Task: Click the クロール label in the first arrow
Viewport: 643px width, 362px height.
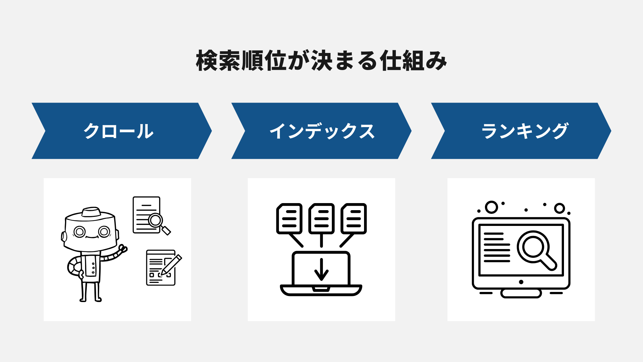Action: tap(118, 131)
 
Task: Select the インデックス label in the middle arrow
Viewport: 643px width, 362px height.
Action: tap(322, 131)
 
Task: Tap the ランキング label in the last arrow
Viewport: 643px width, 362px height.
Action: tap(524, 131)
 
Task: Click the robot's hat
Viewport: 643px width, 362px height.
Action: tap(91, 212)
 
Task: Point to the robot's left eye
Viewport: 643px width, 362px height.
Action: tap(80, 232)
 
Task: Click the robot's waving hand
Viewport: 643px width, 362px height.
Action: tap(123, 249)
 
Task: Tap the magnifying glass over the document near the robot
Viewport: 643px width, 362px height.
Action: tap(155, 221)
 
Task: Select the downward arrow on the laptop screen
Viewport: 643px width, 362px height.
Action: tap(321, 269)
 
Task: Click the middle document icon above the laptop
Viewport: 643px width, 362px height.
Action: tap(321, 218)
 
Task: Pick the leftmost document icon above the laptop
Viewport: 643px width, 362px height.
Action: tap(289, 218)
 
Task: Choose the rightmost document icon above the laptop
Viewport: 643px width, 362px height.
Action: tap(354, 218)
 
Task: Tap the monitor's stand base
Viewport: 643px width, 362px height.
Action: tap(521, 294)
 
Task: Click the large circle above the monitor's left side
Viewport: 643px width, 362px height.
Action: tap(491, 207)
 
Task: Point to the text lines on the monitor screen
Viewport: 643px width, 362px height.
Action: tap(497, 247)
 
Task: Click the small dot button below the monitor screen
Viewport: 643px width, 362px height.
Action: tap(521, 282)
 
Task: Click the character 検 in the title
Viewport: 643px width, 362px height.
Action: tap(207, 61)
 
